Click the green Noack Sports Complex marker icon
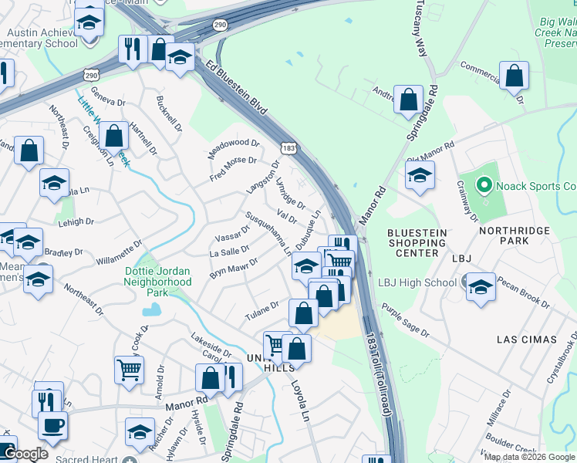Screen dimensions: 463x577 [x=484, y=185]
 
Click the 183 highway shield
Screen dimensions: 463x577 [x=288, y=147]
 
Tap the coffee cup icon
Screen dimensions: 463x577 [x=52, y=424]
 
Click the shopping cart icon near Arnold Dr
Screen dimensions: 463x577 [x=129, y=368]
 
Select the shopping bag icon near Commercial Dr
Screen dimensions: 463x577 [x=514, y=76]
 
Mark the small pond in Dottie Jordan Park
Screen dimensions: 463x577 [x=152, y=309]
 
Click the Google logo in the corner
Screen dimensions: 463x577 [x=25, y=455]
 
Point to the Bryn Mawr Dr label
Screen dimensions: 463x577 [x=234, y=269]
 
